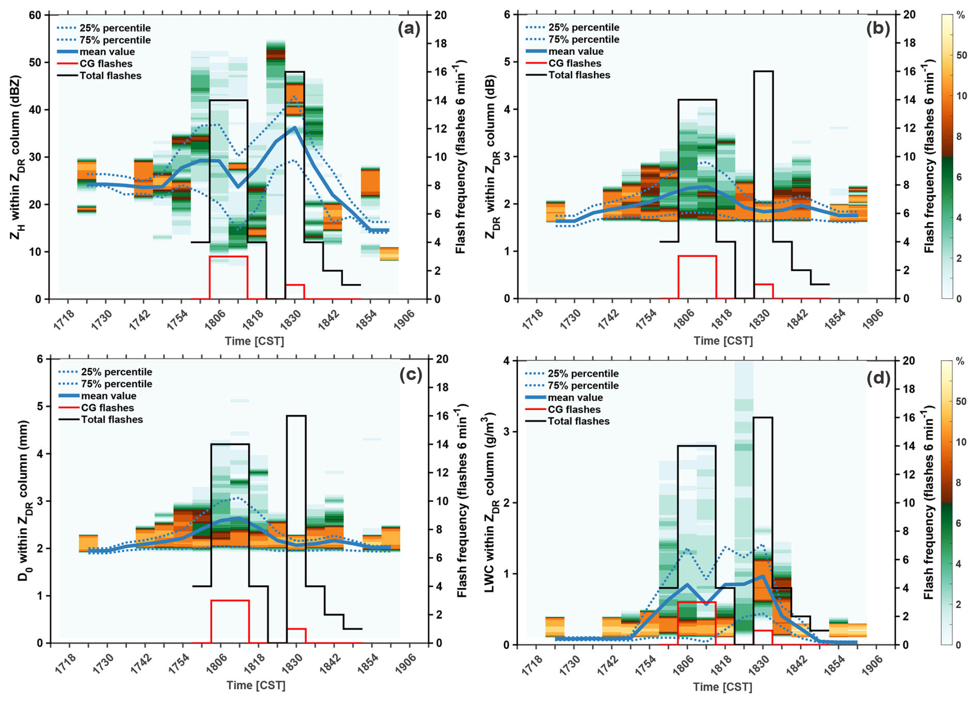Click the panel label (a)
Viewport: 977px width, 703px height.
click(x=409, y=29)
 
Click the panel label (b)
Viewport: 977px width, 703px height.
click(x=878, y=29)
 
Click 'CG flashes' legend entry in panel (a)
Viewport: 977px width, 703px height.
click(x=106, y=64)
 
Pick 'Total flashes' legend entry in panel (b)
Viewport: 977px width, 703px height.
click(x=579, y=75)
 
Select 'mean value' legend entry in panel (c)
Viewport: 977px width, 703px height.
click(x=108, y=396)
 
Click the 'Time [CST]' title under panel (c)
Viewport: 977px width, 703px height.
click(x=256, y=685)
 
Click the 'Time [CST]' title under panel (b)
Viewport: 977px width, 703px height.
click(x=723, y=341)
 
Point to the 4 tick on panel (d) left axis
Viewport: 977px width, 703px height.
click(x=507, y=361)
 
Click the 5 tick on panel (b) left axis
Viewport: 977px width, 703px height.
click(x=507, y=62)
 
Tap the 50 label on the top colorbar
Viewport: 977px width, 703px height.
click(x=961, y=55)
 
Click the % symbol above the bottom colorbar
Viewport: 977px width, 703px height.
click(x=960, y=362)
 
